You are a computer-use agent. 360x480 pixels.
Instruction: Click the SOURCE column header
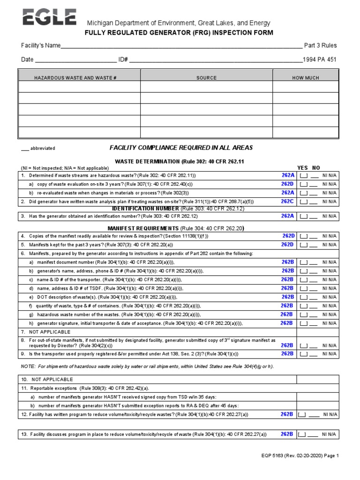tap(206, 77)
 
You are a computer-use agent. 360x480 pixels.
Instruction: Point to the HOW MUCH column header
tap(305, 77)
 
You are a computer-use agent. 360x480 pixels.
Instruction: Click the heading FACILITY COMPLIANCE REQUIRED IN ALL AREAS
tap(181, 148)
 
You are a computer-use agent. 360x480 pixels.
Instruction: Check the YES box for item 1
tap(304, 176)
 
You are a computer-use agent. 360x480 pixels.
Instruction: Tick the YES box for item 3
tap(304, 217)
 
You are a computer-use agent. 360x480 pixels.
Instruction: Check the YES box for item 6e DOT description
tap(304, 297)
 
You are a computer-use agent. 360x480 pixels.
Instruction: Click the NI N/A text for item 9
tap(330, 354)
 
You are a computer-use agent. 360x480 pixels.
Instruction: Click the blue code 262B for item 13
tap(287, 434)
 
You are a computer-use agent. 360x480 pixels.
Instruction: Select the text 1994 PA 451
tap(320, 60)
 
